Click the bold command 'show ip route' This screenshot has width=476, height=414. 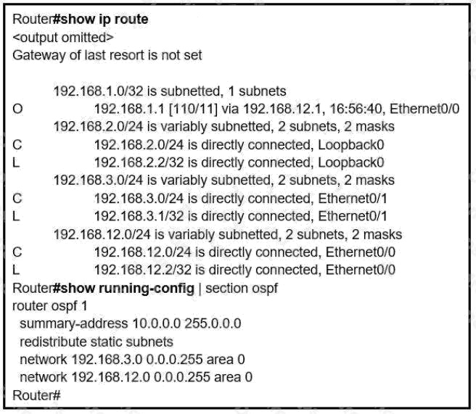point(104,20)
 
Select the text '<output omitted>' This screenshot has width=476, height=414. point(63,38)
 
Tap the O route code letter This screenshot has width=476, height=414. point(17,109)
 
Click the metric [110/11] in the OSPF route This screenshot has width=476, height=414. point(193,109)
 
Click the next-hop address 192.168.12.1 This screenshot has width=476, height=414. point(282,109)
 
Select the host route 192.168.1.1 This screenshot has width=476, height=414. point(129,109)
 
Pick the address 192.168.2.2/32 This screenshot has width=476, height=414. point(139,162)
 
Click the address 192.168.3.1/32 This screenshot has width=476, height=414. point(139,216)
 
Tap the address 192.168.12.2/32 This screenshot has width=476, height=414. point(143,270)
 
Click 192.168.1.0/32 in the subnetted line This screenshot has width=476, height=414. point(99,91)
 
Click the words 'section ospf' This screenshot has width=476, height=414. point(242,289)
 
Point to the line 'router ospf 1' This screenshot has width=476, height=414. point(50,306)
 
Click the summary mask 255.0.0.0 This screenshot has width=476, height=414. point(213,323)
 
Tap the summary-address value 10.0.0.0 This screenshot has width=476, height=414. point(157,323)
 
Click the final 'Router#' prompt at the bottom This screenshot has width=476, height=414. point(36,395)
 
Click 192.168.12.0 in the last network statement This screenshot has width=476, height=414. point(110,377)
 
